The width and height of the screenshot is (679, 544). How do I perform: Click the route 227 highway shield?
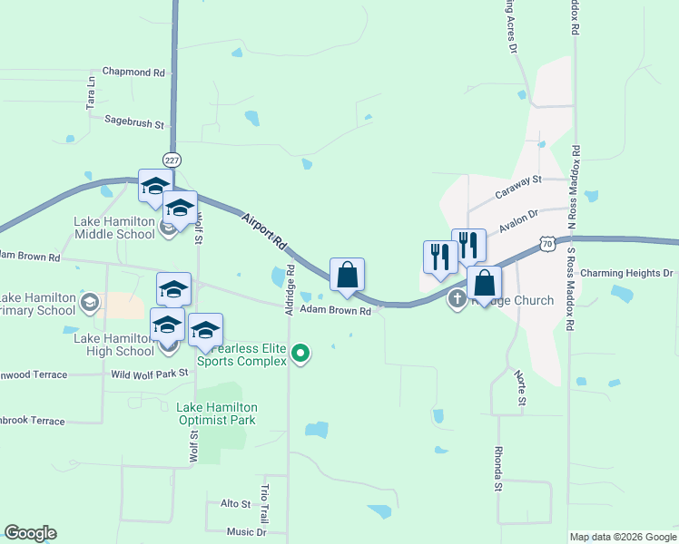tap(172, 156)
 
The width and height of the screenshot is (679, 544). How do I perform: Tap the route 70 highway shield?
tap(546, 243)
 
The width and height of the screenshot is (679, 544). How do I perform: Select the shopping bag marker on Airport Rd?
tap(347, 276)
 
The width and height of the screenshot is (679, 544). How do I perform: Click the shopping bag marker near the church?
tap(485, 284)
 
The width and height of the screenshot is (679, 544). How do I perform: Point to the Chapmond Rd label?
tap(133, 71)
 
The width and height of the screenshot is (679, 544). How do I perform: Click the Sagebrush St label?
tap(133, 120)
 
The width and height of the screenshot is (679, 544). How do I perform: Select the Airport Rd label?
tap(264, 231)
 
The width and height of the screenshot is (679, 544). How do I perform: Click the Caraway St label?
tap(517, 187)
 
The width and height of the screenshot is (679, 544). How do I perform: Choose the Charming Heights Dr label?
tap(626, 273)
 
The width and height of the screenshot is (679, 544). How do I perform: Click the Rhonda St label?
tap(498, 468)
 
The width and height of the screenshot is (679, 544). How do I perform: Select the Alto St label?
tap(235, 503)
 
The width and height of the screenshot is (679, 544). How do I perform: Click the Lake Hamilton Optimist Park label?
tap(217, 413)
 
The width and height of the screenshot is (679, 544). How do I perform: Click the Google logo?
tap(30, 533)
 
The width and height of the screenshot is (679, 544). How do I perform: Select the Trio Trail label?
tap(265, 501)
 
